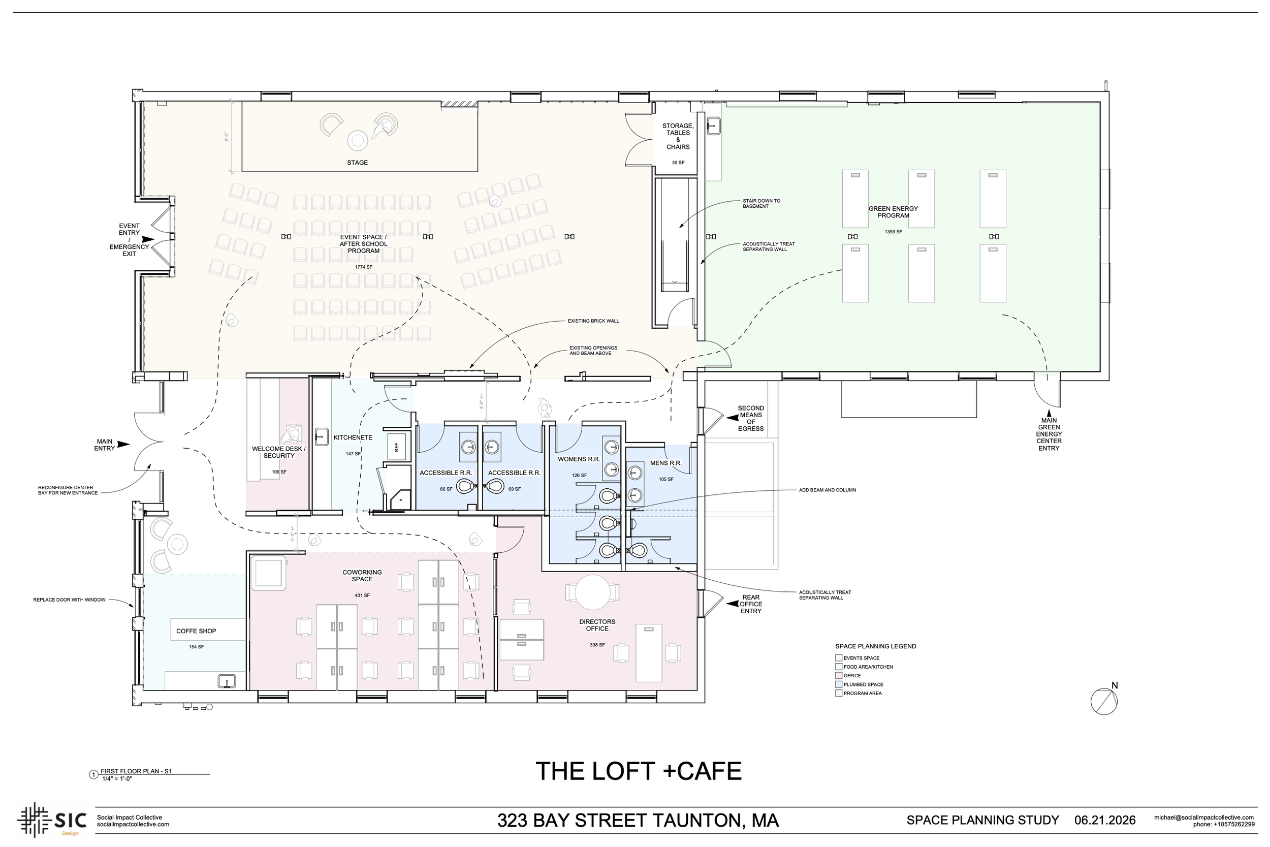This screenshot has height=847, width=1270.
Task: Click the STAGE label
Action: (358, 163)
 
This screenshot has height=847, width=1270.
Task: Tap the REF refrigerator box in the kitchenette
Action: (397, 447)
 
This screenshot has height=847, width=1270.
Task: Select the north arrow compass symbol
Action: (1104, 701)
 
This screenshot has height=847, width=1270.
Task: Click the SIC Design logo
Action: (52, 820)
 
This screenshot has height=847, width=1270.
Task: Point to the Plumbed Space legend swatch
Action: (839, 684)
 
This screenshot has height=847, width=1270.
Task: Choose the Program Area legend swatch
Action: (839, 693)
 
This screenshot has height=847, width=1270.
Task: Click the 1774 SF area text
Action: (363, 267)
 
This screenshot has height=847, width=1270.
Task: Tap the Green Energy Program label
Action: (893, 212)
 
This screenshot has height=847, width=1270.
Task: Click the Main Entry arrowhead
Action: (123, 445)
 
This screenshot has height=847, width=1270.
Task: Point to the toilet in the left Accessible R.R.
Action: (465, 487)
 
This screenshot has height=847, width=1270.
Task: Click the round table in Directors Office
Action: (592, 592)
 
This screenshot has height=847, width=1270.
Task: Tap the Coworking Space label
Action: (362, 576)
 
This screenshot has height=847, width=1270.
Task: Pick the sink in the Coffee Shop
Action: (227, 681)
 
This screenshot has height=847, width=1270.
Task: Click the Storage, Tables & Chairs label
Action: (678, 136)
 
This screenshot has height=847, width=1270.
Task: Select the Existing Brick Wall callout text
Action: (593, 321)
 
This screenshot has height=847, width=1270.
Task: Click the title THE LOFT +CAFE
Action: (639, 771)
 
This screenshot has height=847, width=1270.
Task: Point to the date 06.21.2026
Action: (1105, 820)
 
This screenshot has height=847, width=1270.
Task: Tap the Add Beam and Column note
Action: (828, 490)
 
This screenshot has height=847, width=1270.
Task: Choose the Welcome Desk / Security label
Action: (278, 452)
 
